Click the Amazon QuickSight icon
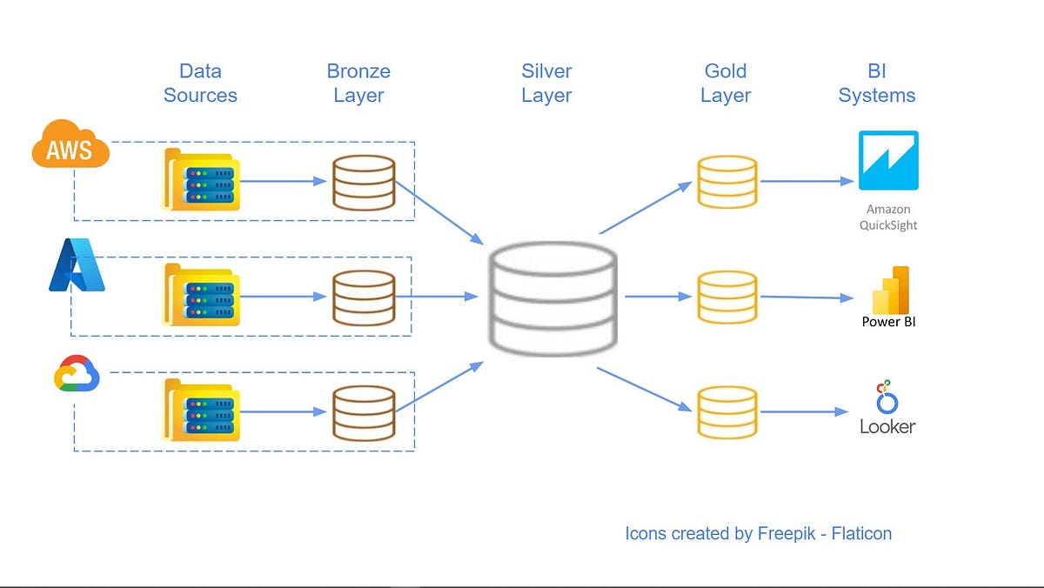[888, 161]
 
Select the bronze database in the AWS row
[364, 182]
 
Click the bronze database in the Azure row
[364, 297]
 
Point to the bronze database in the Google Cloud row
[364, 411]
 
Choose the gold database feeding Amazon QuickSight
[726, 182]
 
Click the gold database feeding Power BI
[726, 297]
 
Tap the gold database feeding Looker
[726, 411]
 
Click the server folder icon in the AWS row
[201, 180]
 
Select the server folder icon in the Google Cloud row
[201, 410]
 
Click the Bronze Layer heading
[358, 84]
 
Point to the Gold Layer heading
[726, 84]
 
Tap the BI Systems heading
[877, 84]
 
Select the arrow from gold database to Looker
[803, 411]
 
